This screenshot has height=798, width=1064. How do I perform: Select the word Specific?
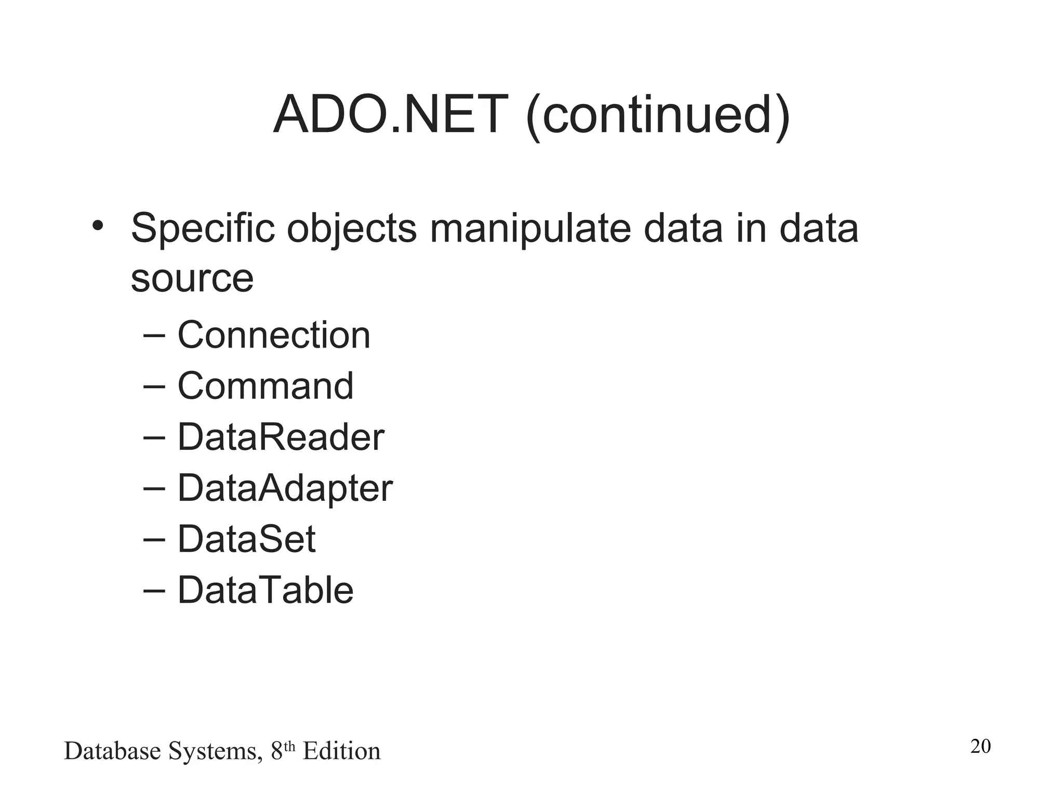203,229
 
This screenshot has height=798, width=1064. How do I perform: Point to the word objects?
352,229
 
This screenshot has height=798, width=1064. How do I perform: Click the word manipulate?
530,229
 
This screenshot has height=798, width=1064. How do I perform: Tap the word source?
192,278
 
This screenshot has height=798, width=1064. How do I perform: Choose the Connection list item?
274,335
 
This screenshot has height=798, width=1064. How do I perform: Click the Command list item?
265,386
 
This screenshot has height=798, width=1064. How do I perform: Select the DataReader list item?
281,437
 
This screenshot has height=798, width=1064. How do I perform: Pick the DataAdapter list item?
285,488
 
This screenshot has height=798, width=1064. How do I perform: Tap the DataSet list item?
246,539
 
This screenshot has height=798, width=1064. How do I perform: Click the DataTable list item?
265,590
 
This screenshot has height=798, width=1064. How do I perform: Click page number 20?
980,746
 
